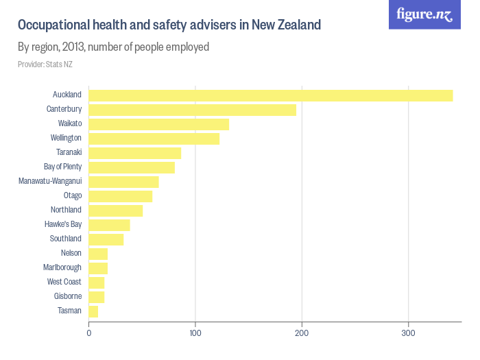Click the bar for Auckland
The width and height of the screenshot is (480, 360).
click(271, 95)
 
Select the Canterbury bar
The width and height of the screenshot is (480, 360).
click(193, 110)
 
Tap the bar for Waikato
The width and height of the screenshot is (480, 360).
click(159, 124)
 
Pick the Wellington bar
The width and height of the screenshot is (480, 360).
click(154, 139)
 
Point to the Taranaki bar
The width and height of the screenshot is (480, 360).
click(135, 153)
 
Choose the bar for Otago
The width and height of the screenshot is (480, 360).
click(121, 196)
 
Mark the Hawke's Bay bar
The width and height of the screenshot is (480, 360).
click(110, 225)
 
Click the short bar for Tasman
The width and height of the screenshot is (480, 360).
click(94, 311)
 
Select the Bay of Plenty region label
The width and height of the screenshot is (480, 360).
click(62, 167)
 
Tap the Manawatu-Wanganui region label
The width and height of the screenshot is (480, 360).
click(50, 181)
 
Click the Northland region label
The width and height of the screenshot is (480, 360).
click(66, 210)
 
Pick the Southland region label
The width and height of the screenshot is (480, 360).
click(66, 239)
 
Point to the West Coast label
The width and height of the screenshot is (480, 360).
click(64, 282)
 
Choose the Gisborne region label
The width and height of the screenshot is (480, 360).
click(68, 296)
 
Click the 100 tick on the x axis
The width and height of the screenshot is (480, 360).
click(195, 333)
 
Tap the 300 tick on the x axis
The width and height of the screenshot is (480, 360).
click(409, 333)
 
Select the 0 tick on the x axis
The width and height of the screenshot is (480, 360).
click(89, 333)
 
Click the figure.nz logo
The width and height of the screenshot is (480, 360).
click(424, 14)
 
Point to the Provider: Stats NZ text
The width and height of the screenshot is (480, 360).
click(45, 64)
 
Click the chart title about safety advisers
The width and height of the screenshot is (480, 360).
click(169, 25)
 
